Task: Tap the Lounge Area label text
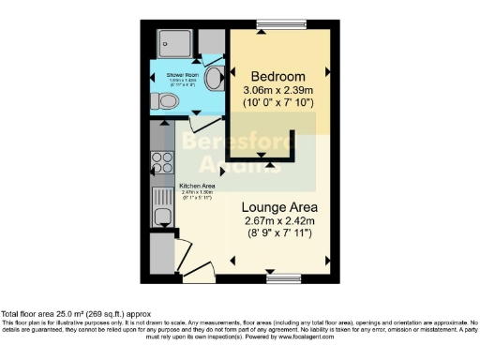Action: (278, 206)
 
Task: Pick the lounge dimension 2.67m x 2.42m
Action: (278, 221)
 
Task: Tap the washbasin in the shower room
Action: (215, 76)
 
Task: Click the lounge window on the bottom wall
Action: (281, 277)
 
